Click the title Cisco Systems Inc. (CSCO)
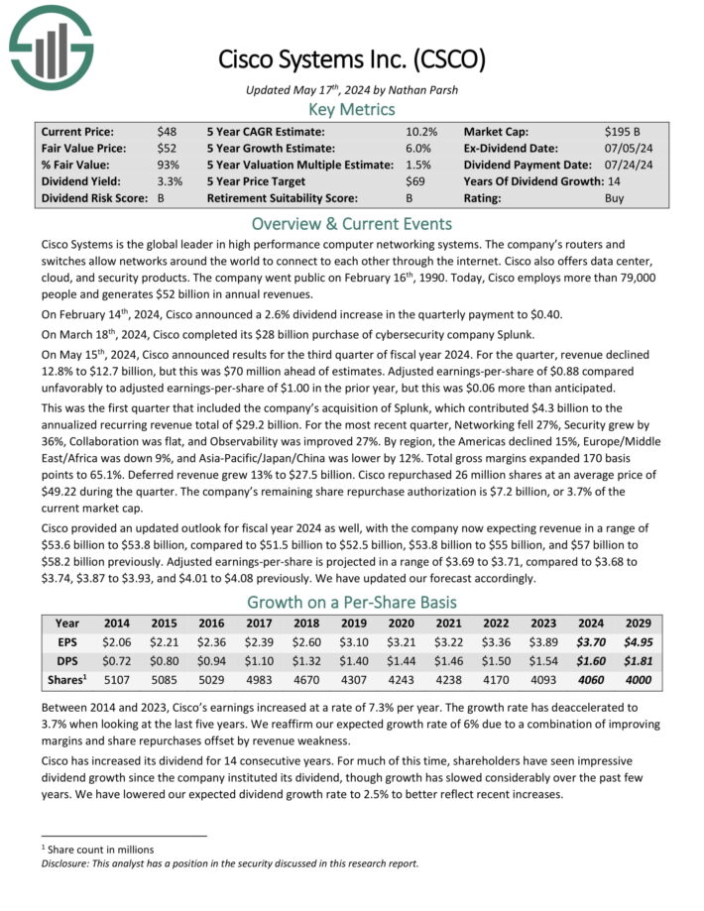coord(352,58)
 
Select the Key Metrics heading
coord(351,109)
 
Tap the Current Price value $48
coord(167,131)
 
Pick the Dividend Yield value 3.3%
coord(169,181)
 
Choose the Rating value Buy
coord(615,198)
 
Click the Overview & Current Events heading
coord(351,223)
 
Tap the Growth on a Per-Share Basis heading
coord(351,602)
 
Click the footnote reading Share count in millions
coord(101,849)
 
